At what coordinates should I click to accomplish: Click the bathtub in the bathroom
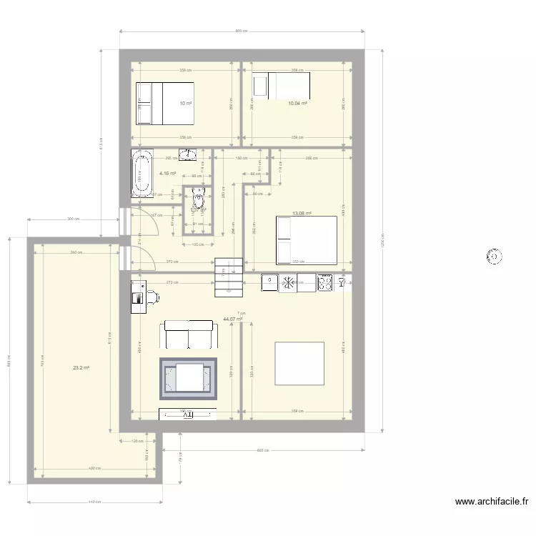(x=140, y=172)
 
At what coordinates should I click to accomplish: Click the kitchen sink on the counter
(x=269, y=283)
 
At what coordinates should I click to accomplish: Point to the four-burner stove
(x=324, y=283)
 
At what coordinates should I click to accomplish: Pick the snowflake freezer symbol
(x=288, y=283)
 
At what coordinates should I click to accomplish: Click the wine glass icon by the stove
(x=342, y=283)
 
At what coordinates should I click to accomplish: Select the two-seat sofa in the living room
(x=189, y=334)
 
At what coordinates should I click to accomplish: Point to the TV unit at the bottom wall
(x=187, y=413)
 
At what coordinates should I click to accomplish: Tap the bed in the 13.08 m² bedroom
(x=306, y=240)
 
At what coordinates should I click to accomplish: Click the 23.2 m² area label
(x=81, y=368)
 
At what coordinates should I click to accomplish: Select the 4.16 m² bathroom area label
(x=167, y=173)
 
